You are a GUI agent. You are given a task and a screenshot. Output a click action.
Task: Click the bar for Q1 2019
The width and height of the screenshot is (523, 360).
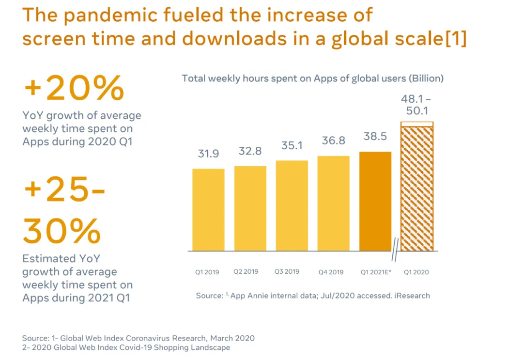[x=208, y=210]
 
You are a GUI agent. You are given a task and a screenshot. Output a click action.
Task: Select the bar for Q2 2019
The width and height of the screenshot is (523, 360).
[x=250, y=208]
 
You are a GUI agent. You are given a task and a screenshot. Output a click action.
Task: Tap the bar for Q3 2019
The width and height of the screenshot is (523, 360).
[x=292, y=205]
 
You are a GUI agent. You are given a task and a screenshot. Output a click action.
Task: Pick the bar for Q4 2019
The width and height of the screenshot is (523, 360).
[x=334, y=203]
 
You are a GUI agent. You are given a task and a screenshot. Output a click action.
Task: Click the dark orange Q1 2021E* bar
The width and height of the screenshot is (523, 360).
[x=375, y=201]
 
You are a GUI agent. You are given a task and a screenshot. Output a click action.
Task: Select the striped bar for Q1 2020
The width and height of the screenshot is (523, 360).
[x=417, y=187]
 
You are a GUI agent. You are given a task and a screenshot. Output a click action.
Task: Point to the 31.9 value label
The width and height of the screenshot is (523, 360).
[x=208, y=154]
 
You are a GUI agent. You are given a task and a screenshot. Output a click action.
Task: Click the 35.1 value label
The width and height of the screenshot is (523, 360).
[x=292, y=145]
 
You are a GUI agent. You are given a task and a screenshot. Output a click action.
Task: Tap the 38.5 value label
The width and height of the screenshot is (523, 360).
[x=375, y=136]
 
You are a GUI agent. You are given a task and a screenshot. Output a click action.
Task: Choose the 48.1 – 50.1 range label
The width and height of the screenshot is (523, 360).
[x=416, y=105]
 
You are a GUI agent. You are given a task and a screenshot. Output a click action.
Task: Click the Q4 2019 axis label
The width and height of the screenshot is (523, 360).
[x=331, y=272]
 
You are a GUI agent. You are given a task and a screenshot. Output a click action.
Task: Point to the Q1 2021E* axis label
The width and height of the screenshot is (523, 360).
[x=376, y=272]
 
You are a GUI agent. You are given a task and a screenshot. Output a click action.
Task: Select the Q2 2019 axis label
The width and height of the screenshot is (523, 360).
[x=246, y=272]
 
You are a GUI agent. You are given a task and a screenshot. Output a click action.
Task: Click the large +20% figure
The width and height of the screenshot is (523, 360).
[x=74, y=88]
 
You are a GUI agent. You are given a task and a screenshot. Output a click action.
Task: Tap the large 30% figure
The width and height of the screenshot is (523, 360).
[x=62, y=231]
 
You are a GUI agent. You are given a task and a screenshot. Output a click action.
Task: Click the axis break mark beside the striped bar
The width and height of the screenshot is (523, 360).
[x=395, y=250]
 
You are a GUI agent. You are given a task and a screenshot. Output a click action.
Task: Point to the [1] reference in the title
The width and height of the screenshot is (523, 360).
[x=456, y=38]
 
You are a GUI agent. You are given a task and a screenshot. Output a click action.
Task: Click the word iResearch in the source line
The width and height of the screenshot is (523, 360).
[x=412, y=296]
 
